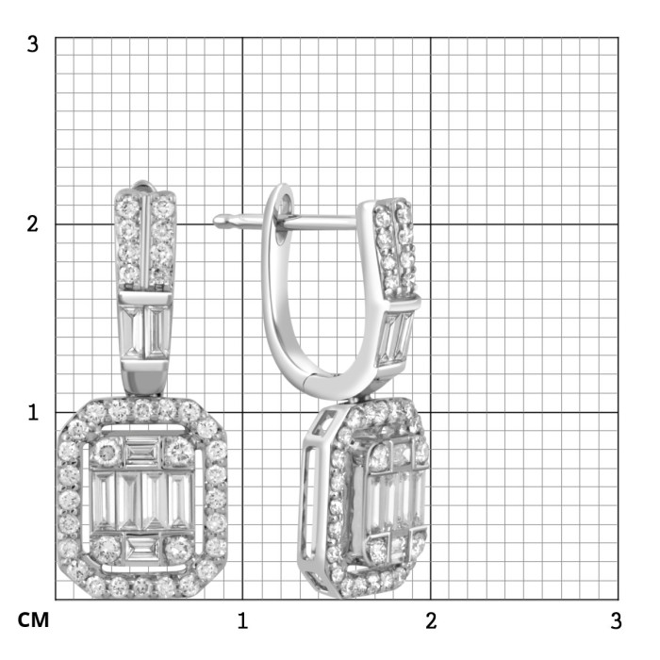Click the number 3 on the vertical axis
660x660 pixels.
[x=32, y=43]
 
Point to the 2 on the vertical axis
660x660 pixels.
[x=32, y=224]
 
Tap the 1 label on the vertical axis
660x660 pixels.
[x=32, y=412]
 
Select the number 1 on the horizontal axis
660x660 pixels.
[x=242, y=621]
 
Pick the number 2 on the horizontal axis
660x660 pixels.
[x=431, y=621]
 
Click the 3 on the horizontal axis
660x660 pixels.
[x=616, y=621]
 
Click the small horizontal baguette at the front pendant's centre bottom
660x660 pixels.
[x=143, y=548]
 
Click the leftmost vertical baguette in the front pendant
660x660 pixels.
[x=102, y=500]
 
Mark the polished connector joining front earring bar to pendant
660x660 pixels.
[x=143, y=379]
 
